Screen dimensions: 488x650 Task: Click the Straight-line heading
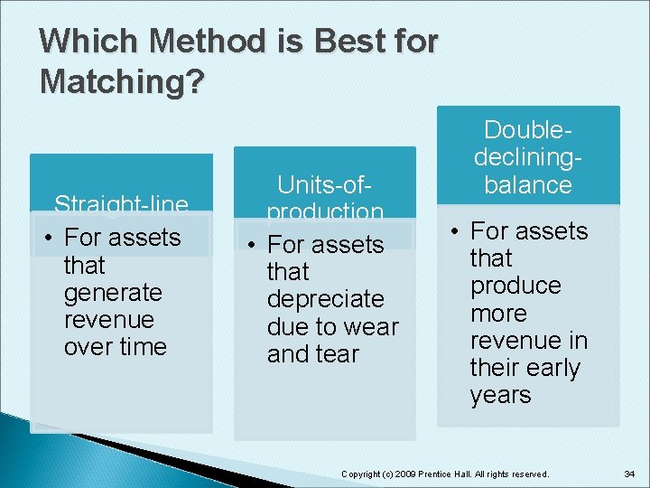point(121,206)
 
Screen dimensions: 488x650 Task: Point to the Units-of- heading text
point(324,185)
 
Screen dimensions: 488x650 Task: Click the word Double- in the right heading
point(528,130)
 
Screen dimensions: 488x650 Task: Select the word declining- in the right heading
point(528,157)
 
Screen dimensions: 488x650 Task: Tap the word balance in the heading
point(528,184)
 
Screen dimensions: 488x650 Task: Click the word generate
point(113,293)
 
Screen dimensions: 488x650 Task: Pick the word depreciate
point(325,299)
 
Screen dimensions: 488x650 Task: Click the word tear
point(336,354)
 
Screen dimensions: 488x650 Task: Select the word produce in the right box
point(515,286)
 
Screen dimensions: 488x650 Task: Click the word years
point(500,395)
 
